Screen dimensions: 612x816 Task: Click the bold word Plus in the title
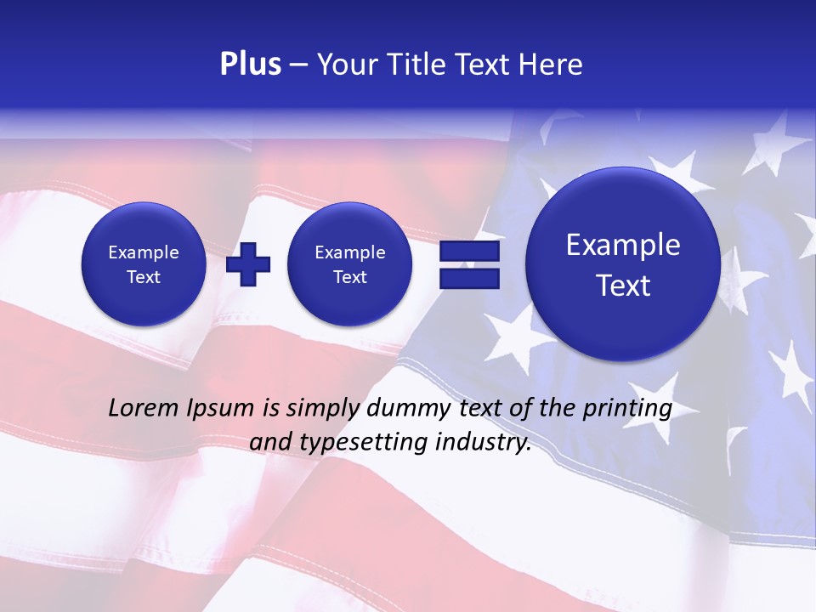250,65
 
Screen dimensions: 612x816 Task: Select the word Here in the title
552,65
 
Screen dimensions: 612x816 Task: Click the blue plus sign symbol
248,264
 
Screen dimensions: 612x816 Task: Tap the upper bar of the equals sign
469,252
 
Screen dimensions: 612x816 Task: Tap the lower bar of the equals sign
469,278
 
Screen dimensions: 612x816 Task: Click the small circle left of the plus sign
144,264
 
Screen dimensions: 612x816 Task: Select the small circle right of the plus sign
350,264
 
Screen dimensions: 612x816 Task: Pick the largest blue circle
623,264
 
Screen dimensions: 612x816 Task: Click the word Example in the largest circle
623,245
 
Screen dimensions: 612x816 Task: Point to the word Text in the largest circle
623,286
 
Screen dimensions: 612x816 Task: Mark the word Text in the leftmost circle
144,277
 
